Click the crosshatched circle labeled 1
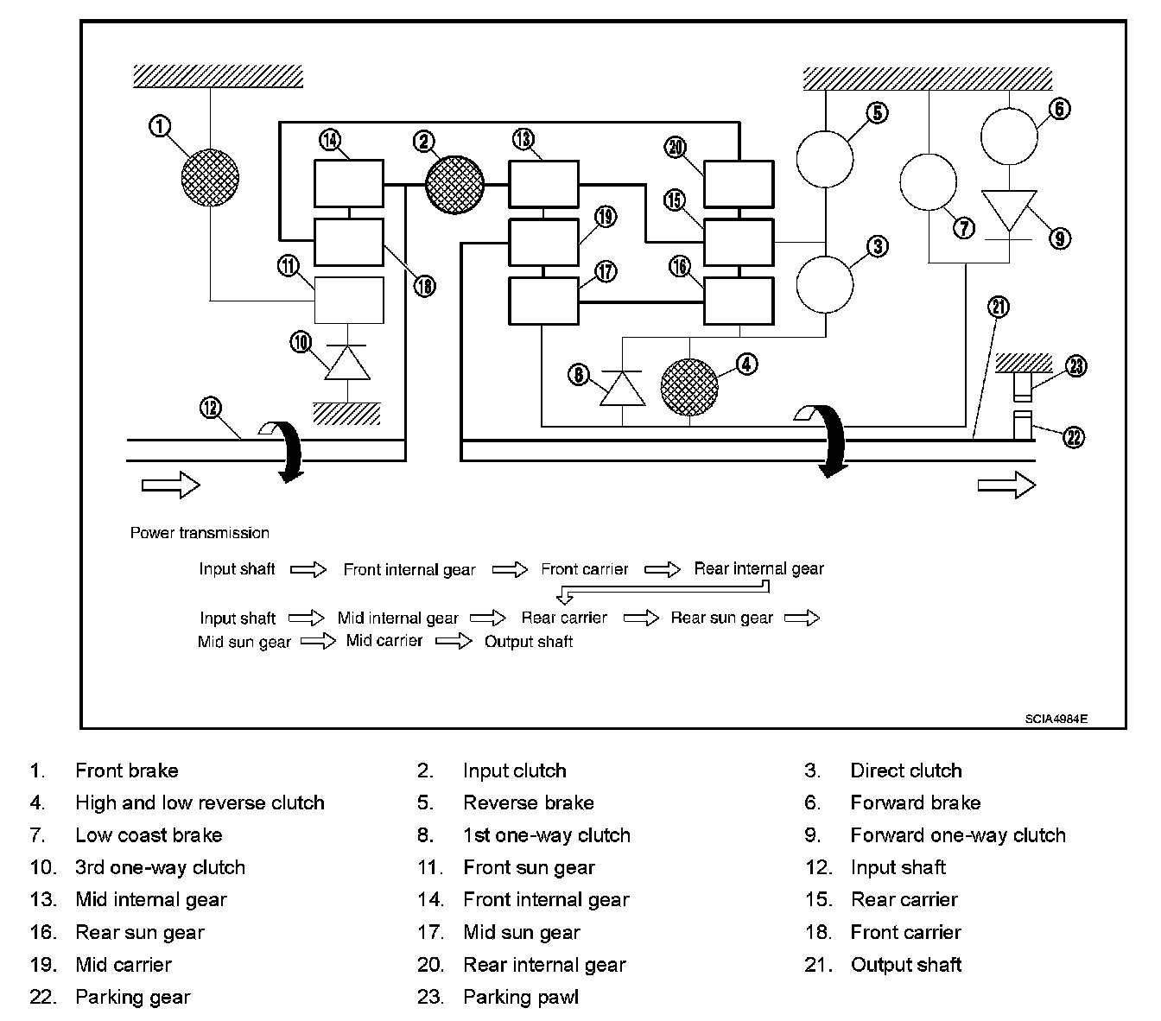click(210, 177)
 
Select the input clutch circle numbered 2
click(455, 184)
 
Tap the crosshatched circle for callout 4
click(689, 386)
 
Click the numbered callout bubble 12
click(210, 408)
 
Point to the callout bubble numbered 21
click(999, 307)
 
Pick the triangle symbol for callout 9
click(1010, 211)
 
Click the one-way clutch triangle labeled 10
click(347, 363)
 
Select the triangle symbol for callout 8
click(623, 388)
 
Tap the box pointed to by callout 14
click(348, 183)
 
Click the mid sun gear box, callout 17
click(543, 301)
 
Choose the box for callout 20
click(739, 183)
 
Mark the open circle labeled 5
click(824, 159)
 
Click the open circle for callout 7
click(928, 182)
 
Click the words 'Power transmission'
click(200, 533)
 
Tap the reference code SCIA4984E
click(1056, 719)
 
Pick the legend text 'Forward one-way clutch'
click(957, 835)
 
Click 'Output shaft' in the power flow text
click(529, 642)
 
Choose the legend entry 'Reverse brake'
click(528, 802)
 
